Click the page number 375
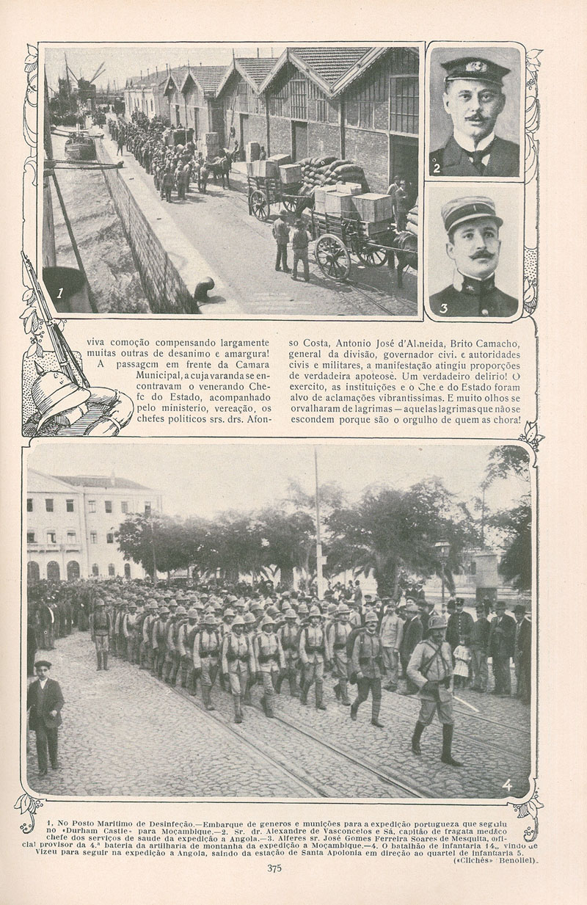(x=274, y=868)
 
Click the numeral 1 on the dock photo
(x=60, y=293)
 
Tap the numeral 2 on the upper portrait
(x=437, y=168)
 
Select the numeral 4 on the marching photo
(x=507, y=785)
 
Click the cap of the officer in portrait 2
(x=475, y=71)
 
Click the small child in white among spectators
(x=462, y=658)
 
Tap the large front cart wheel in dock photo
(x=333, y=256)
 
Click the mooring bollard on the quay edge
(x=203, y=288)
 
